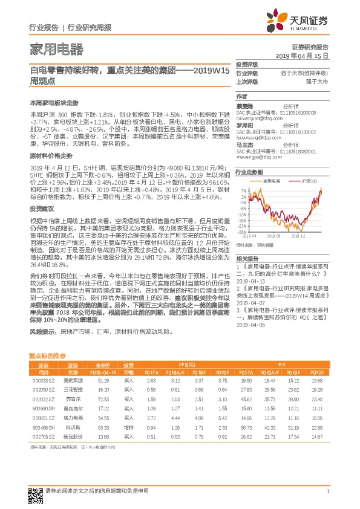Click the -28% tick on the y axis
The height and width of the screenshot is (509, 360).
click(x=241, y=232)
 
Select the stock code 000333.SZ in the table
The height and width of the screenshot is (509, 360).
click(x=43, y=380)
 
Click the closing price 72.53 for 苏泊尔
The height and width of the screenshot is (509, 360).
click(x=103, y=400)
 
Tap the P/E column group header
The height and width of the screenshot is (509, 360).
click(x=283, y=365)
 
